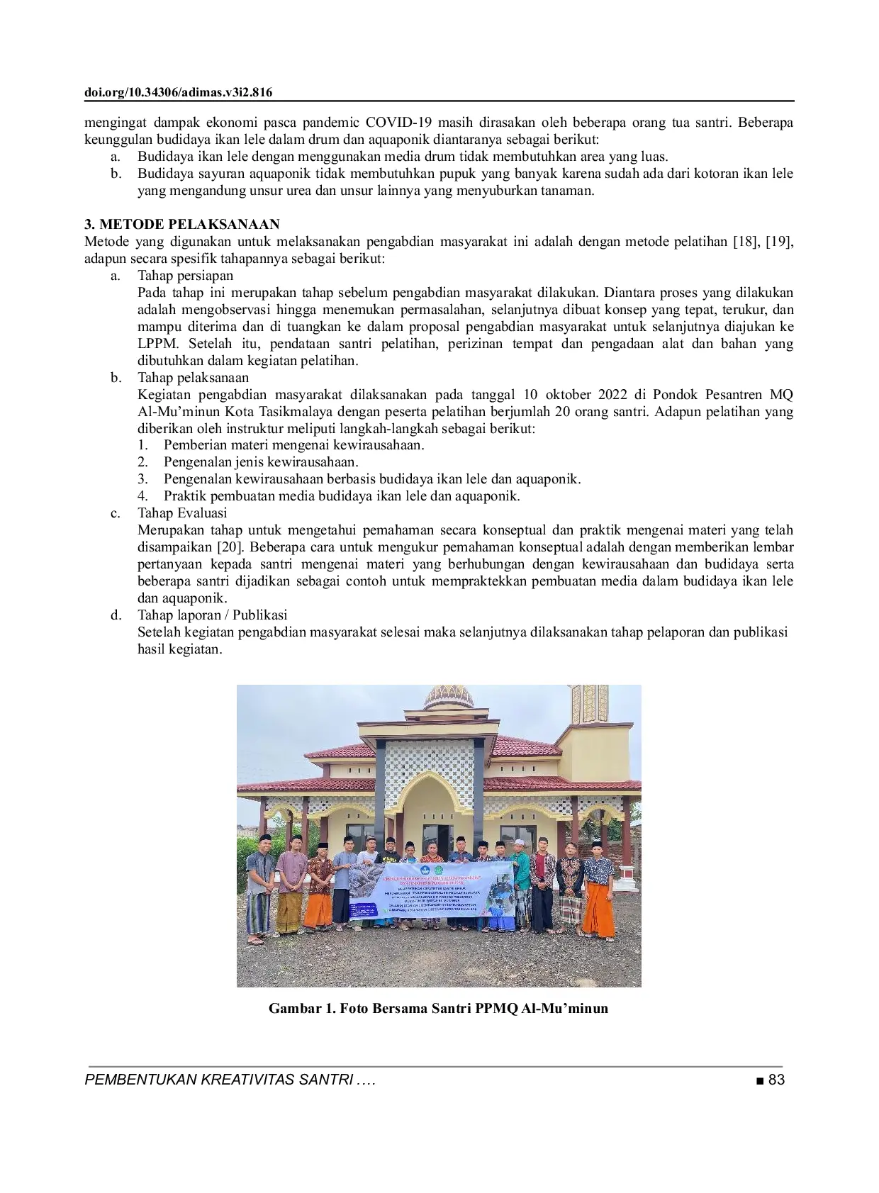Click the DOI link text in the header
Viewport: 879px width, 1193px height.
[x=179, y=93]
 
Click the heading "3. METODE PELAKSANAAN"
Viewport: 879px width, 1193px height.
[x=181, y=225]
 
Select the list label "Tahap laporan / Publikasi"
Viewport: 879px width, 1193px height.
[x=212, y=615]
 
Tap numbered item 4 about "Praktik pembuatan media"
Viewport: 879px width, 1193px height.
[x=342, y=496]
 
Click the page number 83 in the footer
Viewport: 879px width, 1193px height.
[x=776, y=1080]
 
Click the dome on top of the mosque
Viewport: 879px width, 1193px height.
[x=448, y=699]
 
